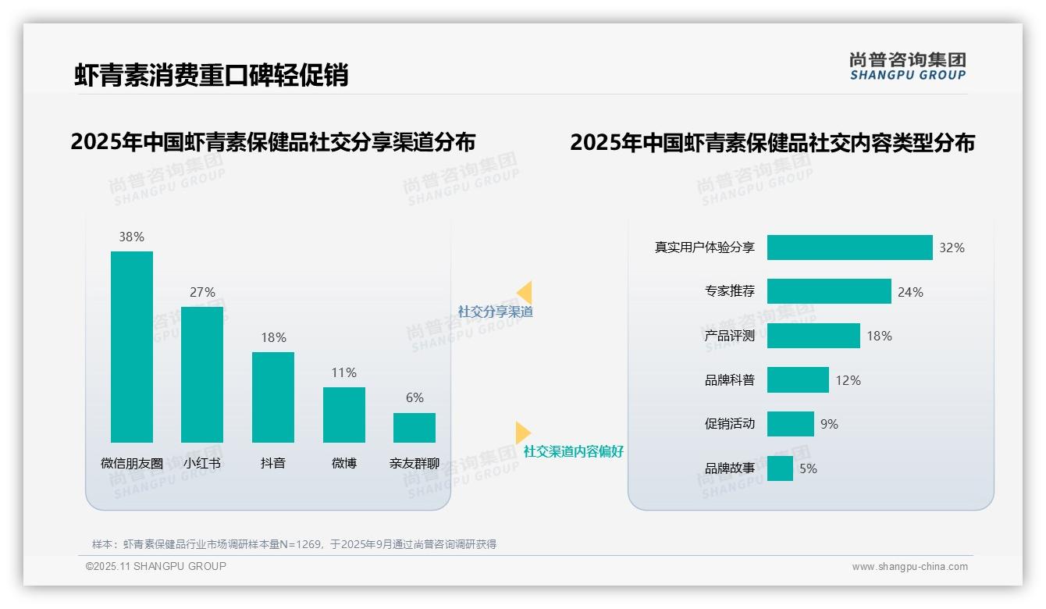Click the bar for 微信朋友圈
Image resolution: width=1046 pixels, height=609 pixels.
132,347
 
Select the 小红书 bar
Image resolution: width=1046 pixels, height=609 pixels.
202,375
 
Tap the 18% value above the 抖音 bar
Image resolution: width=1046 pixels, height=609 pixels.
273,337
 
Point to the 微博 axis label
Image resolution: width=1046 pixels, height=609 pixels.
344,463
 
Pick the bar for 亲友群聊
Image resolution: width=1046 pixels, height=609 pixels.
414,428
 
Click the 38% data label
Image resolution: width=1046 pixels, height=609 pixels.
132,237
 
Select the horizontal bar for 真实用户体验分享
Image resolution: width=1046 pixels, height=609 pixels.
849,248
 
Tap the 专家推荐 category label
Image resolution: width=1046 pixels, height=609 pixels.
730,292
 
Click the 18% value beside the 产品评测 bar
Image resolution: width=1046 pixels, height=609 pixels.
879,336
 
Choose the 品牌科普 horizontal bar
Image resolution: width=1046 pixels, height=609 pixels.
798,380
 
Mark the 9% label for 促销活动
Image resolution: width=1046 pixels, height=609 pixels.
829,424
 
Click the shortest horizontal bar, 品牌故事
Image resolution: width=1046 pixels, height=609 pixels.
780,468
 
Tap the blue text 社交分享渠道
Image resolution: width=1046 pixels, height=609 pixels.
496,312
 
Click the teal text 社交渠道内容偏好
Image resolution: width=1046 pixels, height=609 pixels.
574,451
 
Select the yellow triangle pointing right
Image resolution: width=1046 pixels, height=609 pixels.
522,433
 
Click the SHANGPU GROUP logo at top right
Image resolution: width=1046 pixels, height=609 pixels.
908,66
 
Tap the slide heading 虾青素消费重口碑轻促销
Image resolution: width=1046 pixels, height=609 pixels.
212,75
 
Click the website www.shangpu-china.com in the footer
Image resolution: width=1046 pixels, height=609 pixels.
909,567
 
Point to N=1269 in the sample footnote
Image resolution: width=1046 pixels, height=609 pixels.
301,544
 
